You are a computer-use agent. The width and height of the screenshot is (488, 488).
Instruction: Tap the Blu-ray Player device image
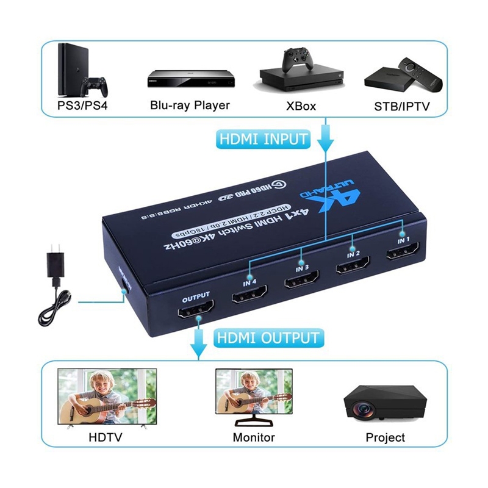(x=190, y=80)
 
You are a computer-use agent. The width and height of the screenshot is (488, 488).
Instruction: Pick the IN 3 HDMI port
(x=301, y=284)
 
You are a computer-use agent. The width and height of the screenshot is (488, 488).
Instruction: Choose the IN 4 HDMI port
(x=249, y=297)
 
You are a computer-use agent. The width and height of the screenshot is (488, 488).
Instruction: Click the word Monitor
(x=254, y=437)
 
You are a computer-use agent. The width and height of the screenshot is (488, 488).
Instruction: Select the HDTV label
(x=106, y=437)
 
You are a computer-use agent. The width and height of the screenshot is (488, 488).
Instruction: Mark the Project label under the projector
(x=385, y=437)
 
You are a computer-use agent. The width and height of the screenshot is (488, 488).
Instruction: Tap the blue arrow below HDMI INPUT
(x=325, y=138)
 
